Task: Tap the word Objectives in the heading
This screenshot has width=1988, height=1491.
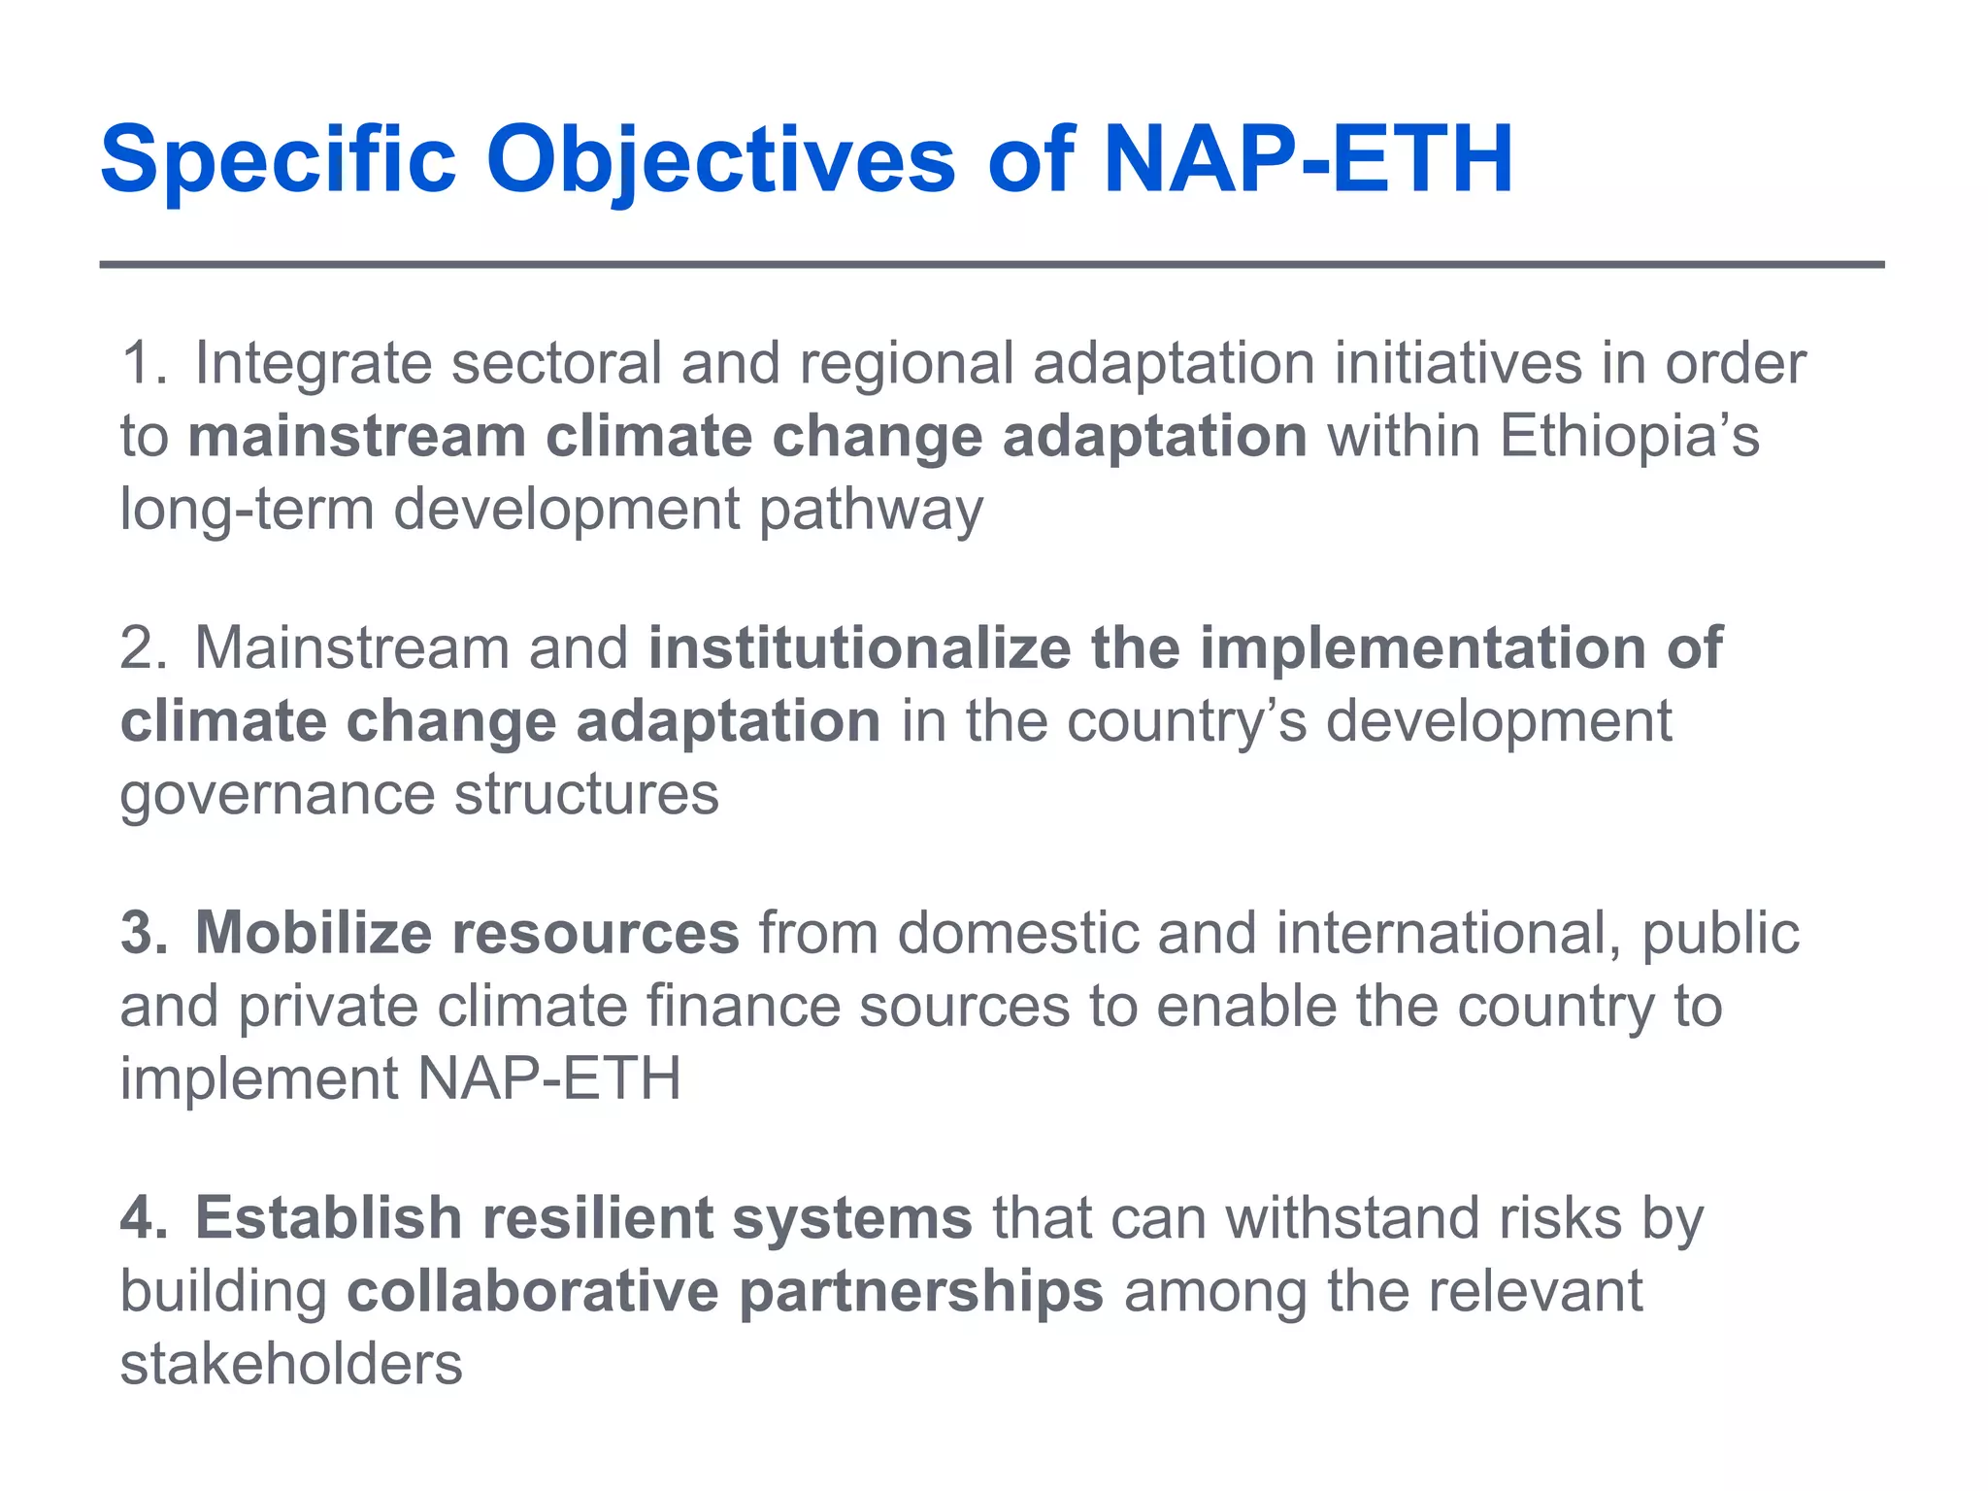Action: (x=720, y=160)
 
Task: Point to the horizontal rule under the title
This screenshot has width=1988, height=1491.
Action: (x=990, y=264)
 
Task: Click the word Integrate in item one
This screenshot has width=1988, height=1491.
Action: (x=313, y=364)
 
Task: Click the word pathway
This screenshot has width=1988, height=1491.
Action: (x=871, y=510)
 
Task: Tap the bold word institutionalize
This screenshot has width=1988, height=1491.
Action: (x=859, y=648)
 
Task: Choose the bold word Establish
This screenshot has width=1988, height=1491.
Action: (x=328, y=1218)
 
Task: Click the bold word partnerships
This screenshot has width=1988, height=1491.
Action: (x=921, y=1292)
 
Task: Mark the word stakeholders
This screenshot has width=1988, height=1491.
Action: (x=291, y=1365)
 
